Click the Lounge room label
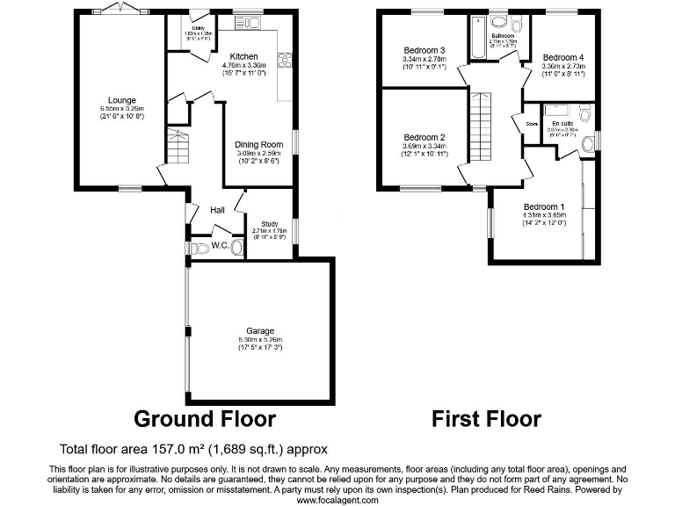(121, 100)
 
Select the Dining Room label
(258, 145)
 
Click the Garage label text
(260, 331)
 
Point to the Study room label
(270, 224)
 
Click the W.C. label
(219, 246)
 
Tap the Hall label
(218, 209)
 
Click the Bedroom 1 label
(544, 206)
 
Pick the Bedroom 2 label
(425, 138)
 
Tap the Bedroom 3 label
(424, 50)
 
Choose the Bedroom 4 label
(562, 57)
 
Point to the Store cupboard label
(531, 124)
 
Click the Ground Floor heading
(204, 419)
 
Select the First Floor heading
(486, 419)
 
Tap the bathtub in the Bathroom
(478, 40)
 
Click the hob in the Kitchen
(285, 60)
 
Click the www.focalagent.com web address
(337, 499)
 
